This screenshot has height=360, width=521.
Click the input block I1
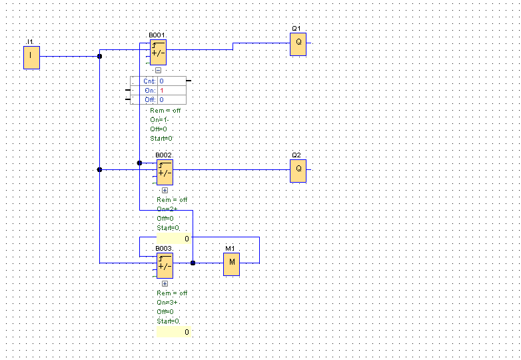[x=31, y=57]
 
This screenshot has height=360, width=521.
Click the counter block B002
[x=165, y=171]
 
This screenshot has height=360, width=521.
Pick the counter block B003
[x=165, y=265]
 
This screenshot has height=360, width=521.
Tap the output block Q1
[x=298, y=44]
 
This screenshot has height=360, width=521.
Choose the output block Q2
[x=298, y=171]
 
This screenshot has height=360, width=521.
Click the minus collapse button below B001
[x=158, y=70]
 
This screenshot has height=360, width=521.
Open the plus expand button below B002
[x=165, y=190]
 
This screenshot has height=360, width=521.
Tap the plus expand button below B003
[x=165, y=283]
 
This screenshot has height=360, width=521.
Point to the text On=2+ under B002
[x=167, y=209]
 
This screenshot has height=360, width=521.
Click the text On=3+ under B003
[x=167, y=302]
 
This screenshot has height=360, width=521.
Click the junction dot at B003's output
[x=193, y=263]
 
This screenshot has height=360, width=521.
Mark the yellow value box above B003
[x=174, y=239]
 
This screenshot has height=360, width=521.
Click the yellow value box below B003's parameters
[x=174, y=332]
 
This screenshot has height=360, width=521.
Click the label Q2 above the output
[x=296, y=155]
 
